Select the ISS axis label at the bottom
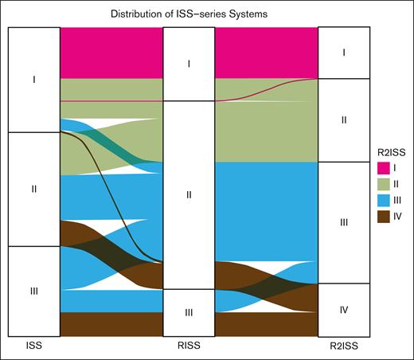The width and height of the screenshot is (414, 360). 33,346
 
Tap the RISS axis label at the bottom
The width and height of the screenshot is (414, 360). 188,346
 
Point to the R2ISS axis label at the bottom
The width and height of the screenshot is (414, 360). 343,346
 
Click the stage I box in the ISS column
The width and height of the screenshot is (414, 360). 33,80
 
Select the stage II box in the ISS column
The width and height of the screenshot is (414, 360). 33,189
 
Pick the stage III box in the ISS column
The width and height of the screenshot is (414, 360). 33,291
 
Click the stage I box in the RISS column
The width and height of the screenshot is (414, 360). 188,64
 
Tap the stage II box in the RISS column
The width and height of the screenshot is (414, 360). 188,194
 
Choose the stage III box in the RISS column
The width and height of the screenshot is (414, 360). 188,312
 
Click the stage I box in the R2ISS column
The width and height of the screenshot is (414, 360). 343,53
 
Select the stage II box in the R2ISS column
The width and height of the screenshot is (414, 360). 343,120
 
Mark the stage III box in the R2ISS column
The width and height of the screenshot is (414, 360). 343,222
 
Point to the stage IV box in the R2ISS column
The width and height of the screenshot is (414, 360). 343,309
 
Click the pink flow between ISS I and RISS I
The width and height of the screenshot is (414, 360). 111,53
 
